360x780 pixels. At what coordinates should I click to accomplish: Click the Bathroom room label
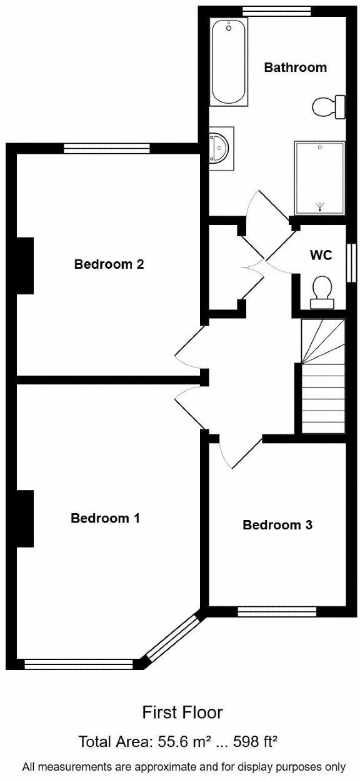[x=295, y=67]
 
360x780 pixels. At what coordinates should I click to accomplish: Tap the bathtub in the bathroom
[x=229, y=62]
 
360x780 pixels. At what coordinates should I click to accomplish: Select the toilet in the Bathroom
[x=329, y=107]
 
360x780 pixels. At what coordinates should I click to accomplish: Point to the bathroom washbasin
[x=221, y=148]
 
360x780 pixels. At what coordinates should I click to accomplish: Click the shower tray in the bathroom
[x=320, y=178]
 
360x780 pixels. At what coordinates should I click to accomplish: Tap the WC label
[x=321, y=255]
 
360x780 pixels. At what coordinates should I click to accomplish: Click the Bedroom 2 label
[x=109, y=264]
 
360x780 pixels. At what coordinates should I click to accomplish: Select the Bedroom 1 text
[x=105, y=518]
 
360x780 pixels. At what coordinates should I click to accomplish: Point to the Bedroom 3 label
[x=277, y=525]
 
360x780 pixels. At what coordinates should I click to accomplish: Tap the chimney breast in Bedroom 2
[x=25, y=266]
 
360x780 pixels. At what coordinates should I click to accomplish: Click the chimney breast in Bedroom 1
[x=25, y=519]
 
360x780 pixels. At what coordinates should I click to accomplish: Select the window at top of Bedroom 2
[x=107, y=149]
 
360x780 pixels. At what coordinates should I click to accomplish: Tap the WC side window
[x=352, y=262]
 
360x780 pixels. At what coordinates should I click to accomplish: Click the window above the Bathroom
[x=276, y=11]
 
